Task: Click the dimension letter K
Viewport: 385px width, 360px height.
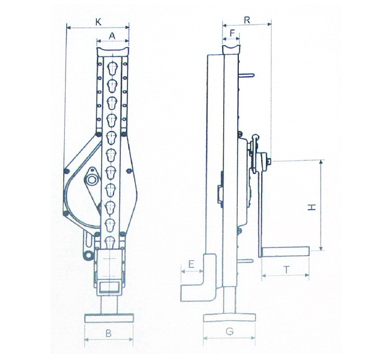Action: pos(98,22)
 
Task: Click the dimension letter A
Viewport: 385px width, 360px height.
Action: pos(112,36)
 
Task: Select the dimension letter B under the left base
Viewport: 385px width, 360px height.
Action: pos(108,334)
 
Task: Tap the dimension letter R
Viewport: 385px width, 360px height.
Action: pos(247,20)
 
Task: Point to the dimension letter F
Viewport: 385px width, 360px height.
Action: pos(232,33)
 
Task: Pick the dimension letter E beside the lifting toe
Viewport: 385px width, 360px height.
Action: pos(191,264)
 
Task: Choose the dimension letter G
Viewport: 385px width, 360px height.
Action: pos(230,332)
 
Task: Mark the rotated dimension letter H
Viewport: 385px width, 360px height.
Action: pos(312,208)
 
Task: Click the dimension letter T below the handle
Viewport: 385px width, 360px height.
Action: pos(286,270)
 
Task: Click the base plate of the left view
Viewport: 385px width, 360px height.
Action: pos(109,318)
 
